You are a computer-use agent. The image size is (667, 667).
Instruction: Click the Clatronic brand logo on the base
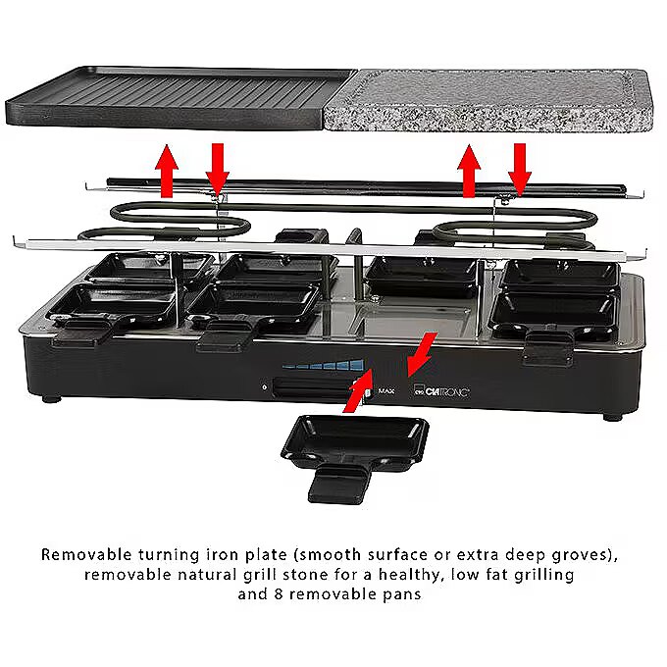[x=442, y=391]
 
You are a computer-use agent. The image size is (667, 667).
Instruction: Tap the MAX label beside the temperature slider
[x=386, y=391]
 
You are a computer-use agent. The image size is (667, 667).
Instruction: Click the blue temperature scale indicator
[x=324, y=365]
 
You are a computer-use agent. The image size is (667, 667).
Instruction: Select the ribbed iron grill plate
[x=179, y=97]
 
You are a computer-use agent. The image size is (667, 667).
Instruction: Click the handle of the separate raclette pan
[x=339, y=485]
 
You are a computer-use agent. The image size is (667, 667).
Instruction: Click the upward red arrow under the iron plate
[x=167, y=171]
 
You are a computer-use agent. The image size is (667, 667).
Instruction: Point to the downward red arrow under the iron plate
[x=218, y=170]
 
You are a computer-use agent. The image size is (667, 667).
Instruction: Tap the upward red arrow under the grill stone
[x=469, y=171]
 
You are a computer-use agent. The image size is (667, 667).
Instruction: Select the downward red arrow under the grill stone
[x=520, y=170]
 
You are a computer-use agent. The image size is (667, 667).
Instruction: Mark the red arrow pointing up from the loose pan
[x=358, y=390]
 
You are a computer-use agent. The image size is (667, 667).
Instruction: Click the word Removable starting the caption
[x=86, y=555]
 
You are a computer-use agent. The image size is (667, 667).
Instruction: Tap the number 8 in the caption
[x=279, y=593]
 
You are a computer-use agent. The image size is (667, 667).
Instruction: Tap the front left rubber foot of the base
[x=52, y=399]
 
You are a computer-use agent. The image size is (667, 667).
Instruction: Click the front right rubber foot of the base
[x=612, y=417]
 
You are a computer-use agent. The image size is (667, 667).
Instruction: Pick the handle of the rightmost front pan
[x=548, y=347]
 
